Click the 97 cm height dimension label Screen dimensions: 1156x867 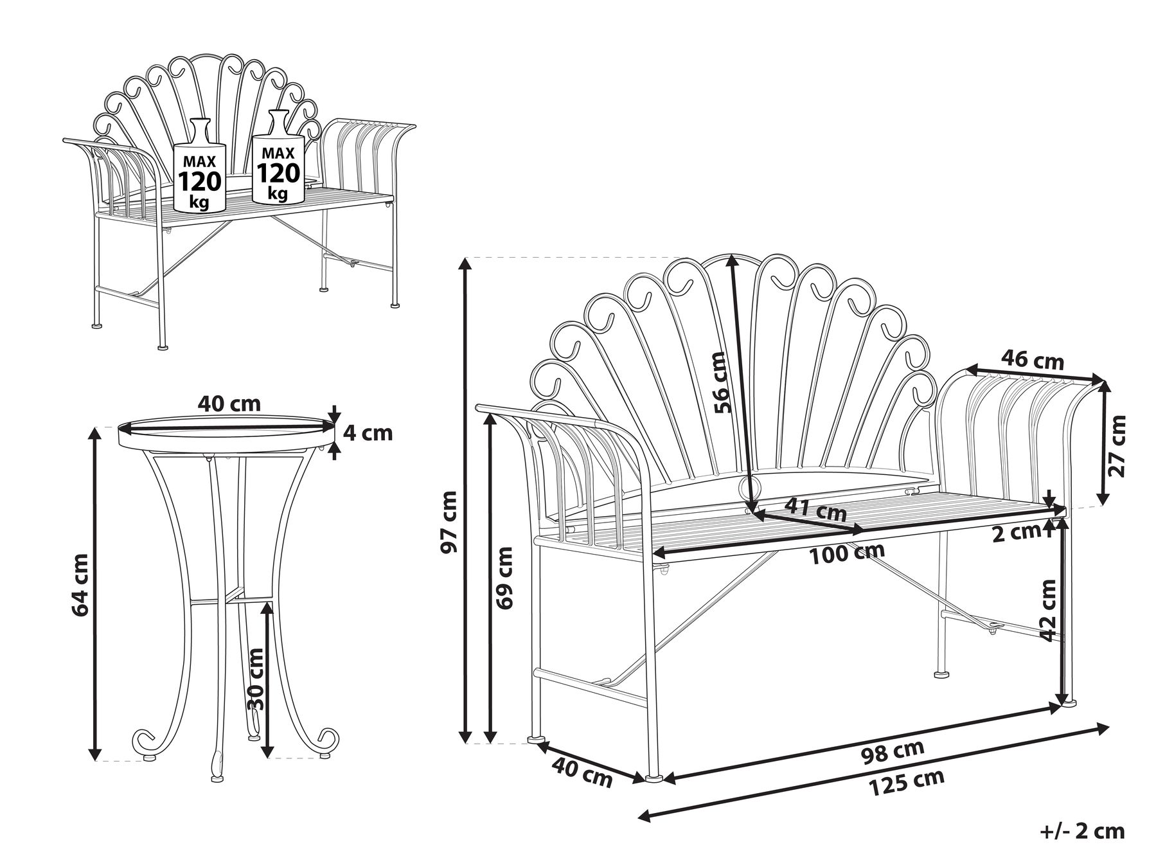449,522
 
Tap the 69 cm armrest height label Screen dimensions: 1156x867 505,578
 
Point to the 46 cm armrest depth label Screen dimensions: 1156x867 1034,361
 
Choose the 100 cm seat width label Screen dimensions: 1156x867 847,553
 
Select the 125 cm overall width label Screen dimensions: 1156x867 906,782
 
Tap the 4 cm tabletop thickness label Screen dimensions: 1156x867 368,433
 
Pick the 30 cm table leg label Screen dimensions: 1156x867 255,677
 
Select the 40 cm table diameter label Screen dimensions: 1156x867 229,404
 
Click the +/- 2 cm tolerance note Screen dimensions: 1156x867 1083,830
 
